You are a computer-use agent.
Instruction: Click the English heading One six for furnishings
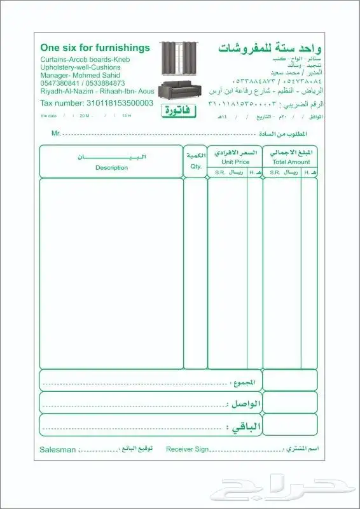95,48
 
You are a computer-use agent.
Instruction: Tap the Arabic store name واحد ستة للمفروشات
270,48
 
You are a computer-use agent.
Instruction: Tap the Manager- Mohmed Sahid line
76,75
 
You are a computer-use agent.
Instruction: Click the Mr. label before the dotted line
56,134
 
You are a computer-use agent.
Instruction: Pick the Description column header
111,168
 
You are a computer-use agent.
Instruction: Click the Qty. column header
195,167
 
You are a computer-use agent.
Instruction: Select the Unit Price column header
236,162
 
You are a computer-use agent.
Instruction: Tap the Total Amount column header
290,162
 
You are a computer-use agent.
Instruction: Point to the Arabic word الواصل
244,404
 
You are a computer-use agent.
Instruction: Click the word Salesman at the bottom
57,449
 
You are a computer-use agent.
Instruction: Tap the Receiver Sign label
187,449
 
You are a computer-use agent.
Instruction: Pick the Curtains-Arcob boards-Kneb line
84,59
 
